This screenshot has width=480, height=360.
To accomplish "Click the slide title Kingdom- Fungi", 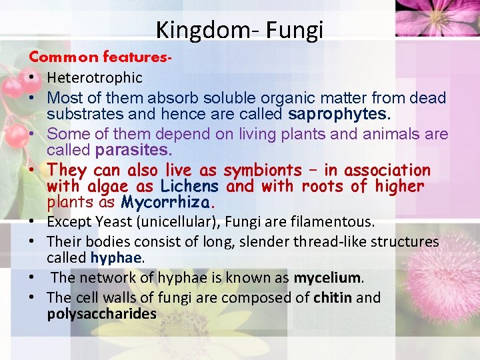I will click(x=239, y=29).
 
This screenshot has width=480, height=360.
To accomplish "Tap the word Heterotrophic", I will click(x=95, y=78).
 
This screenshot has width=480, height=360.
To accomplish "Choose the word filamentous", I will click(x=337, y=222).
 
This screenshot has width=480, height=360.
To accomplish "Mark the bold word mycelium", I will click(x=328, y=277).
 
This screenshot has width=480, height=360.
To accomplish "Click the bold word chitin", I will click(x=334, y=297).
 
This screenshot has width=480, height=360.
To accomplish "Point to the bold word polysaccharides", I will click(x=101, y=313).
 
